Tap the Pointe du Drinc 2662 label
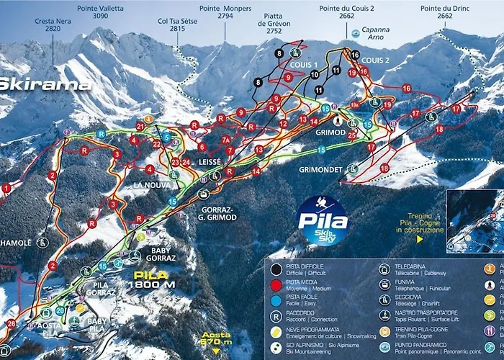click(441, 11)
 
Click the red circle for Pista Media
click(276, 285)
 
